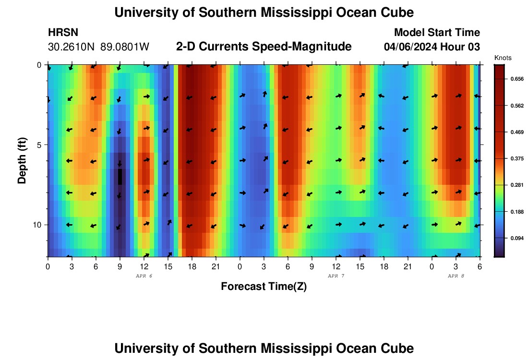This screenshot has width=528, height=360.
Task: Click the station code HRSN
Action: point(63,33)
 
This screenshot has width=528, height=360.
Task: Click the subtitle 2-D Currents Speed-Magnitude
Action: point(264,47)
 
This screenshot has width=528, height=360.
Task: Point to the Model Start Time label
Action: point(437,33)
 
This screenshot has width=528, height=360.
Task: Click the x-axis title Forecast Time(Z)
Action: point(264,287)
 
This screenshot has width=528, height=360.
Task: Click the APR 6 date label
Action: point(144,276)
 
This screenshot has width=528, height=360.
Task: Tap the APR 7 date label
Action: point(336,276)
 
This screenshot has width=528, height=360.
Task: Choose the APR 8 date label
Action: point(456,276)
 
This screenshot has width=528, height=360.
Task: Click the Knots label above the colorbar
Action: point(503,58)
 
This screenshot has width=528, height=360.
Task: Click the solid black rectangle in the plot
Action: point(120,177)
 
